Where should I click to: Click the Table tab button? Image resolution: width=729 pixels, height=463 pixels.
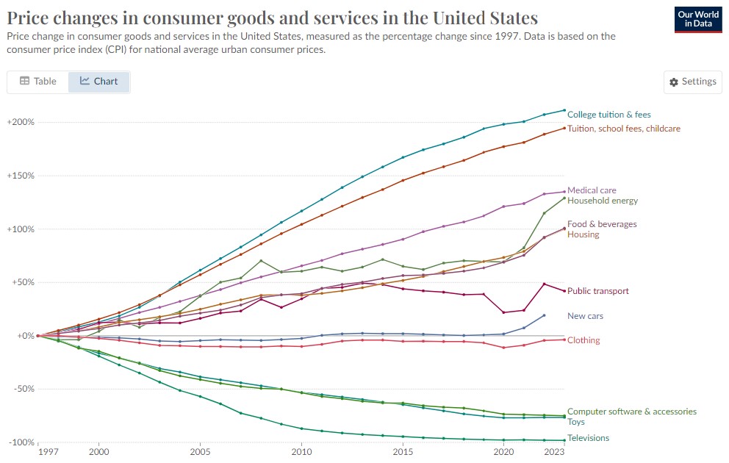(38, 82)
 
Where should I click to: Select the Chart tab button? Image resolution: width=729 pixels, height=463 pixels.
(99, 82)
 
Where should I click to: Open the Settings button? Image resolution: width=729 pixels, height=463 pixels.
(693, 82)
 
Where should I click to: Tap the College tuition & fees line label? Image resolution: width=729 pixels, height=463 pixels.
(608, 115)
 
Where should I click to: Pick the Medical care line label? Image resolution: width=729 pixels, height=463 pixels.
(592, 190)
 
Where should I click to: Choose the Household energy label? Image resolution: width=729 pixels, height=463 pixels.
(603, 201)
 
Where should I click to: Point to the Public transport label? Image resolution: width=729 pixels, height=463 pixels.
(598, 291)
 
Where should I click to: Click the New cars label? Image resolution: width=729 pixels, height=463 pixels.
(586, 316)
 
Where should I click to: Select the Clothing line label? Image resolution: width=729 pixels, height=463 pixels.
(583, 340)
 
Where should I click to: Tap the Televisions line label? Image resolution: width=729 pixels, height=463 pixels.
(588, 438)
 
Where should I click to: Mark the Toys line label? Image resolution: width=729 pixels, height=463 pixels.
(577, 422)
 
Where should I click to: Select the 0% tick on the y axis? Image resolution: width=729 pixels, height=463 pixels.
(25, 336)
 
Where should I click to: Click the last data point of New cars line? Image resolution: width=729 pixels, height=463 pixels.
(544, 315)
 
